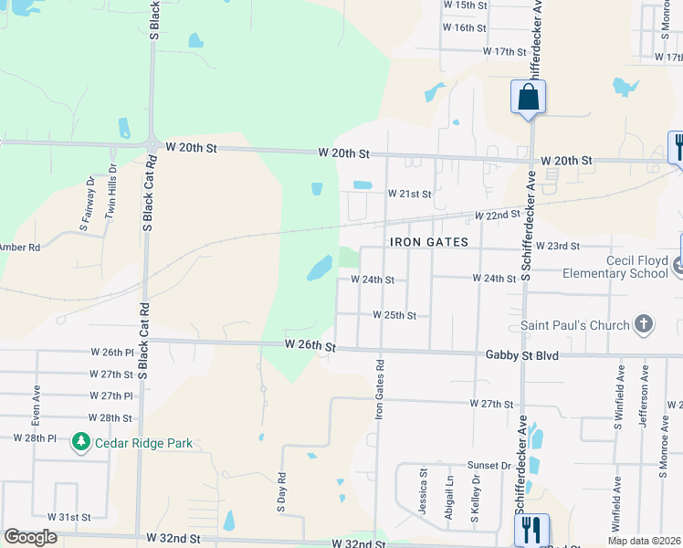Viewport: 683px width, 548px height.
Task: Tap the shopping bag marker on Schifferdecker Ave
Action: coord(529,97)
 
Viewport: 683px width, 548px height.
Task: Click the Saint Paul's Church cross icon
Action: coord(644,325)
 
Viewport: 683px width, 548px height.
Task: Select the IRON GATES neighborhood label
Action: coord(428,242)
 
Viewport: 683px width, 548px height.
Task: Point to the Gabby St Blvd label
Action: coord(522,354)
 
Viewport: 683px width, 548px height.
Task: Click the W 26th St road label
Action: coord(310,345)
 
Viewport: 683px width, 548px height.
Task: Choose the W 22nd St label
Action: coord(496,215)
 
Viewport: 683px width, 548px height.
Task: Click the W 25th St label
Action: coord(394,315)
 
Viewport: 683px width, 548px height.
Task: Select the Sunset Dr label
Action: coord(489,465)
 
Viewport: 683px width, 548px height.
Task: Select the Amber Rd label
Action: coord(20,247)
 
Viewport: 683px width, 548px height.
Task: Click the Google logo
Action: coord(29,537)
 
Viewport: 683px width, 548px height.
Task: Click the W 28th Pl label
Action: coord(35,438)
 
